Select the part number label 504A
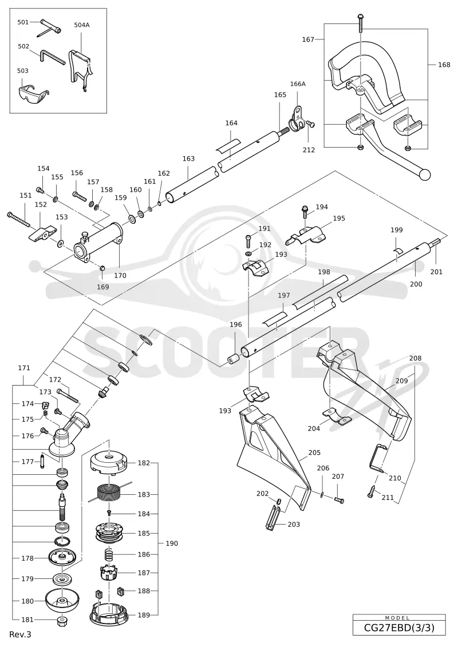click(x=82, y=25)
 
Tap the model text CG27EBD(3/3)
click(x=399, y=628)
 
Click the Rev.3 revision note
click(x=20, y=634)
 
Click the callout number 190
click(x=172, y=543)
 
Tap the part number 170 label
click(x=120, y=276)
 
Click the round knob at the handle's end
click(x=424, y=174)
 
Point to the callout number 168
click(x=444, y=65)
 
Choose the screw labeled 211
click(x=372, y=491)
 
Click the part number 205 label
click(x=314, y=452)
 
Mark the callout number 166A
click(x=298, y=84)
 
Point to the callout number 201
click(x=436, y=272)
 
